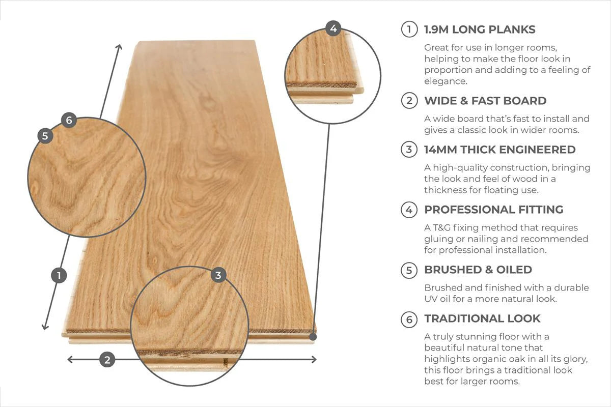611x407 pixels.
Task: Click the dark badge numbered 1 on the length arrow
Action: [59, 276]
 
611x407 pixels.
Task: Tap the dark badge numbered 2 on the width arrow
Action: [107, 360]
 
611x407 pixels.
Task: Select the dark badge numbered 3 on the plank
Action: [218, 275]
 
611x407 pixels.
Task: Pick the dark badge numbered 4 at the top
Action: [333, 28]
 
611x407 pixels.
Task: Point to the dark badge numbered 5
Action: [45, 136]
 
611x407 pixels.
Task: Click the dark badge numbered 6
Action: [69, 121]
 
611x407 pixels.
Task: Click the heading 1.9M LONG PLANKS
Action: [480, 30]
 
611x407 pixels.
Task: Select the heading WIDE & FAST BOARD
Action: [485, 101]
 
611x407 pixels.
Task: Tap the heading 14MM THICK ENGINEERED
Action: [499, 150]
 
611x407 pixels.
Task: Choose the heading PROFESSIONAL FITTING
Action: [493, 210]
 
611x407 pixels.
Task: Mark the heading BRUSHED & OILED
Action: [478, 270]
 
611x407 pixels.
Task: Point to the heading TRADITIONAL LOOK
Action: [482, 319]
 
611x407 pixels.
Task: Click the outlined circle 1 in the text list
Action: [409, 30]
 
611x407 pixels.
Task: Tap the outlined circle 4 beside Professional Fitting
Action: [409, 210]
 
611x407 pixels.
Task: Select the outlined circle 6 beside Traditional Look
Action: [409, 319]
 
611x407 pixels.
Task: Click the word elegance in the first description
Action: [446, 81]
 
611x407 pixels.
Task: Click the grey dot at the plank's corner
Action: [313, 336]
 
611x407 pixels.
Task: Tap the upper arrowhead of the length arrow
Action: [120, 47]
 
